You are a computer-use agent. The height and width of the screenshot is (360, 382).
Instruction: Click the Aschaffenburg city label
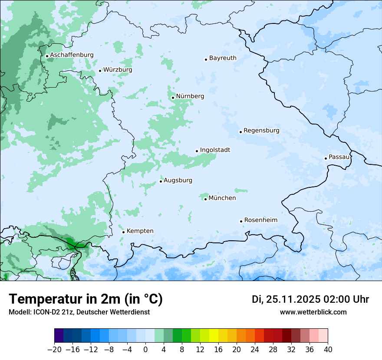click(x=72, y=55)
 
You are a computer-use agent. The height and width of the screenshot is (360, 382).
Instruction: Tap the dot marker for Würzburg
click(x=100, y=71)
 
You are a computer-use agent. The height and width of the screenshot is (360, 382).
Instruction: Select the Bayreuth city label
click(x=223, y=58)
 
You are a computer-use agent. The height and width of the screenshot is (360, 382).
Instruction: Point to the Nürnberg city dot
click(x=173, y=98)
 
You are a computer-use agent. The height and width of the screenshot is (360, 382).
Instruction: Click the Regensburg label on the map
click(x=261, y=131)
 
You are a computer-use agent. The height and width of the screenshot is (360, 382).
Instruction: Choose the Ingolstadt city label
click(x=215, y=150)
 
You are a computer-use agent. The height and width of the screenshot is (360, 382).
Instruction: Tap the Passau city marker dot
click(x=326, y=158)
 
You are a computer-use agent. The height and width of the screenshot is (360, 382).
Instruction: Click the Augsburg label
click(x=178, y=180)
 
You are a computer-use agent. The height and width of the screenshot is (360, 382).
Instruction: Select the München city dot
click(x=205, y=199)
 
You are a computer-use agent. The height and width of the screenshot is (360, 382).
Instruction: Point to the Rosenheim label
click(x=260, y=220)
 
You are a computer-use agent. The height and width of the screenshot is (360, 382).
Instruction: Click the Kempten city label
click(x=140, y=231)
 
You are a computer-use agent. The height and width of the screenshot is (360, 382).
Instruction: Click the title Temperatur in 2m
click(x=86, y=299)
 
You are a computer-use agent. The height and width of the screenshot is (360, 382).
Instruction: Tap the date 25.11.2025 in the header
click(x=293, y=299)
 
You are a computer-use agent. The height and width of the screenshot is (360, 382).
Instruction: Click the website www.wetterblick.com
click(x=313, y=312)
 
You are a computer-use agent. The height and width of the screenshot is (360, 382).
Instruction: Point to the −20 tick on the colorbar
click(x=54, y=350)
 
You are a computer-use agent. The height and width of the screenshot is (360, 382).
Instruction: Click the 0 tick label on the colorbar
click(x=145, y=350)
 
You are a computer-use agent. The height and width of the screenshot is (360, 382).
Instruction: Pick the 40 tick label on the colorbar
click(x=328, y=350)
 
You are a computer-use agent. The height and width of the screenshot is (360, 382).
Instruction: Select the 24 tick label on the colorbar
click(x=255, y=350)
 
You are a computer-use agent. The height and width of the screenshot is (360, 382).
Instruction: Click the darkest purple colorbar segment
click(x=59, y=336)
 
